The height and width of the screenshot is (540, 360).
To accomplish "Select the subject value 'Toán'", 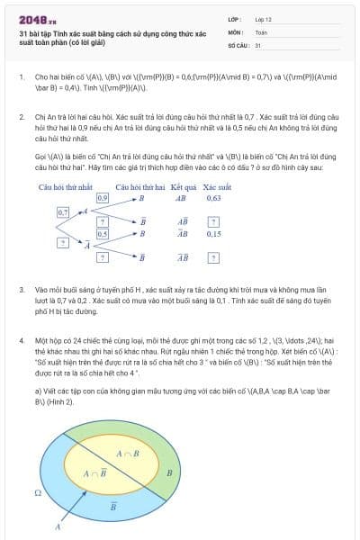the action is point(261,31).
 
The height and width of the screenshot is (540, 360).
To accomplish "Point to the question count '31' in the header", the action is point(258,44).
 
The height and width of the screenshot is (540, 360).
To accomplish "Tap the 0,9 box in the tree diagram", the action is point(102,196).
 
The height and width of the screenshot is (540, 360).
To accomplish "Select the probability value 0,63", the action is point(213,197).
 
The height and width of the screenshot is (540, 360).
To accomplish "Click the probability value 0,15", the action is point(213,233).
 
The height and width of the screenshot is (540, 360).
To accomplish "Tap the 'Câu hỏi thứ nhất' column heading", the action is point(67,185).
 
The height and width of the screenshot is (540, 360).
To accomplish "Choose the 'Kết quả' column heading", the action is point(183,185).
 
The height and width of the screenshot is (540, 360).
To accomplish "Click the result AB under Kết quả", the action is point(181,197).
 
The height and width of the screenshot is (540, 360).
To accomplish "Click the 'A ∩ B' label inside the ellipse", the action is point(128,453).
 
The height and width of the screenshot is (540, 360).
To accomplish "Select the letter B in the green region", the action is point(170,472).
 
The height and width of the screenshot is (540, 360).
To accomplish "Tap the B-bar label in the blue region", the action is point(112,506).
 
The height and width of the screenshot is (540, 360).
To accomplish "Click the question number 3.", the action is point(21,291).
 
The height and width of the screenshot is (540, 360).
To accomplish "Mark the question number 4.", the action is point(21,341).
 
